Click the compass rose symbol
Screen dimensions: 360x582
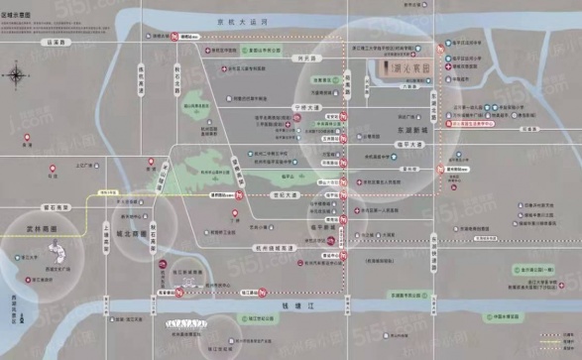click(17, 75)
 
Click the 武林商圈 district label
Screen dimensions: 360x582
click(38, 228)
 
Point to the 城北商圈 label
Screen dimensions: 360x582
click(130, 235)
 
